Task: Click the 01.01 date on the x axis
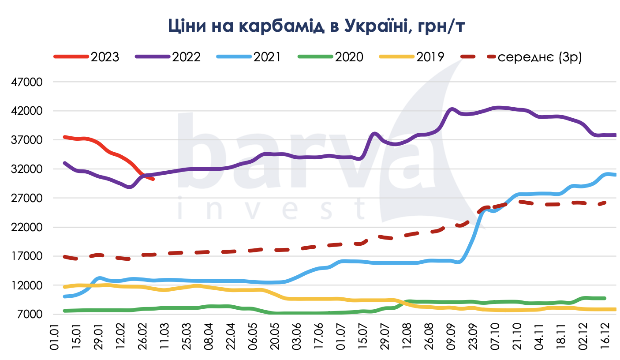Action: pyautogui.click(x=55, y=337)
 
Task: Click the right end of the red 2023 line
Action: pyautogui.click(x=153, y=179)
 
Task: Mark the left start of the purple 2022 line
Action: pyautogui.click(x=65, y=163)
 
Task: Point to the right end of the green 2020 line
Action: pyautogui.click(x=604, y=298)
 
